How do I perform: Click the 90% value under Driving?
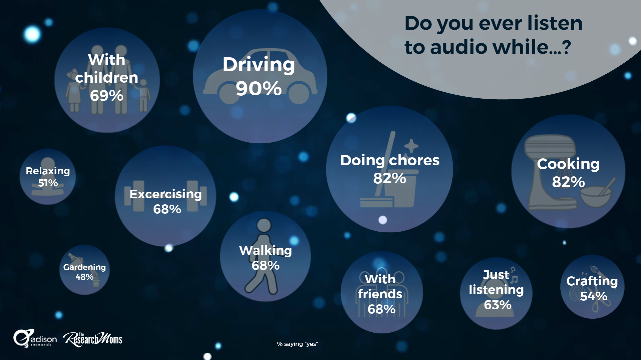point(258,89)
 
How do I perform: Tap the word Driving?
point(259,64)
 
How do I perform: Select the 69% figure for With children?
point(107,96)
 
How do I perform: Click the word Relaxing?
point(48,171)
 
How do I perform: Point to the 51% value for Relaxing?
point(48,183)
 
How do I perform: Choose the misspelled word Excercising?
point(166,194)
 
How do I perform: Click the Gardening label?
point(84,267)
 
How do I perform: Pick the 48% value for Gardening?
point(84,277)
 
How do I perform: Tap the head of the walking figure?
point(264,225)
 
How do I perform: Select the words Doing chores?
point(390,160)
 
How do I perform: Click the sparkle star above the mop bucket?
point(411,146)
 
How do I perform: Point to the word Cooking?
point(568,164)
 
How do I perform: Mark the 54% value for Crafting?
point(594,296)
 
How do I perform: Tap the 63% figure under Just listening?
point(498,305)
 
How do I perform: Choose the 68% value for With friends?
point(382,309)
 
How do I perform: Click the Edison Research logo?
point(35,339)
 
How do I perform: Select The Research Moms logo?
point(93,339)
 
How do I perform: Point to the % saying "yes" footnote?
point(297,344)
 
